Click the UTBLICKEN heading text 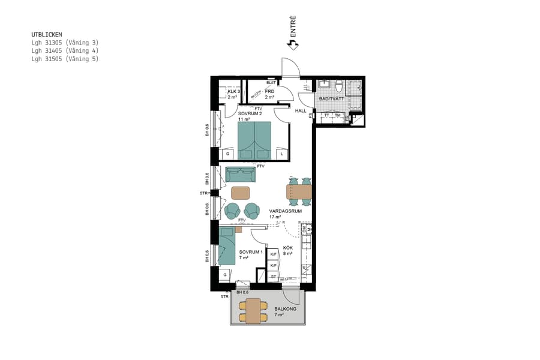[x=47, y=35]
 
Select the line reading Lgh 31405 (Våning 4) [x=65, y=51]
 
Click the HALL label [x=301, y=111]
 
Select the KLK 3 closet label [x=233, y=91]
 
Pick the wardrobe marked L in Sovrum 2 [x=281, y=154]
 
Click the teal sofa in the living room [x=241, y=175]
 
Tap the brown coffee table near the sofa [x=240, y=193]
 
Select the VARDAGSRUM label [x=285, y=212]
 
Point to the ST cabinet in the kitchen [x=273, y=277]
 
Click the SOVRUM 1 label [x=251, y=252]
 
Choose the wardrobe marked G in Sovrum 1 [x=225, y=274]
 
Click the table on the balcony [x=253, y=310]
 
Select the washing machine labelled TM [x=338, y=115]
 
